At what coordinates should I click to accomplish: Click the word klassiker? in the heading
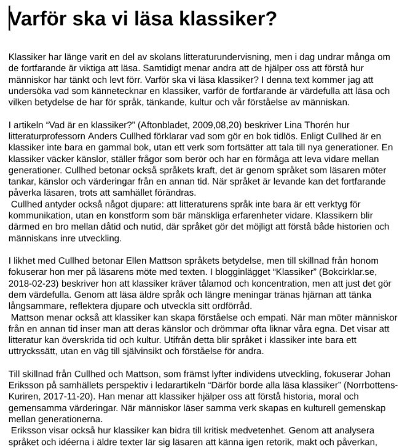coord(224,20)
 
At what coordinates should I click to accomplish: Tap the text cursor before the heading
coord(9,20)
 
